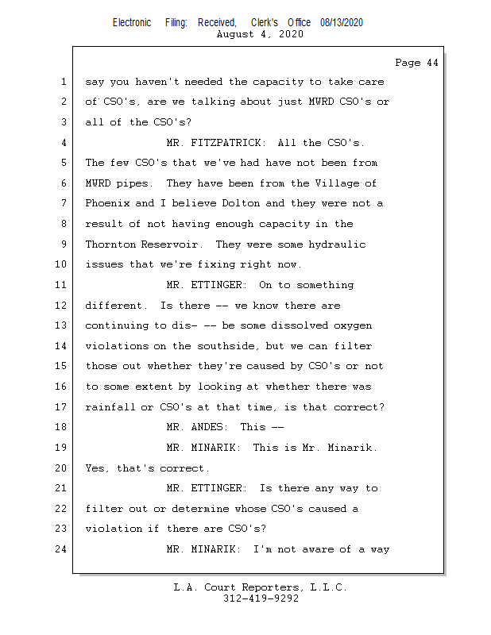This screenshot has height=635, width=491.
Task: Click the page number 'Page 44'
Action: coord(416,63)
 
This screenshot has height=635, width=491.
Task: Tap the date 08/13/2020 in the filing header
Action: coord(342,23)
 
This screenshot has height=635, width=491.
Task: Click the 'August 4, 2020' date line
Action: coord(259,34)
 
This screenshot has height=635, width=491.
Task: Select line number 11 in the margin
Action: coord(62,285)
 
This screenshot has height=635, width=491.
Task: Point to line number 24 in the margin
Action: coord(62,549)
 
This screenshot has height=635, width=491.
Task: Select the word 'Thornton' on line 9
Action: coord(110,244)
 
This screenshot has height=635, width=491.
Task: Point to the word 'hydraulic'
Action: coord(337,244)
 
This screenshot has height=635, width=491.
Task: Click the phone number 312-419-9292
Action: coord(261,599)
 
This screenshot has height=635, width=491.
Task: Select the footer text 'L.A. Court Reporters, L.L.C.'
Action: coord(261,588)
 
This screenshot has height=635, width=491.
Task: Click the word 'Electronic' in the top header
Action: coord(132,23)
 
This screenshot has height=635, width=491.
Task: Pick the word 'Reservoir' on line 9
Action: coord(172,244)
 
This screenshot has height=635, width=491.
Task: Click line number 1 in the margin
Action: coord(62,82)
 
